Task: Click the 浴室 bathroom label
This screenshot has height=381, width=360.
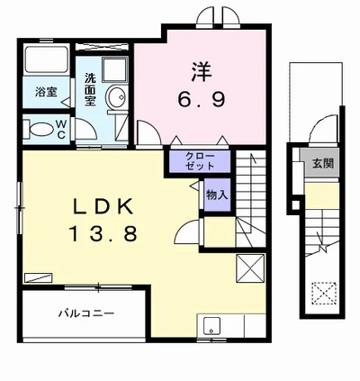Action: (x=46, y=92)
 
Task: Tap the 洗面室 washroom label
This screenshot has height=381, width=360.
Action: (x=90, y=89)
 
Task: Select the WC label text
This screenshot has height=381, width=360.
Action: (x=61, y=129)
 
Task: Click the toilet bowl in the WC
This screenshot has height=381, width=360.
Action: (x=40, y=130)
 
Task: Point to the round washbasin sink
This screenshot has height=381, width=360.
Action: (x=116, y=96)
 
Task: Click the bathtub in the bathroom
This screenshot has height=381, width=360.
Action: (x=46, y=59)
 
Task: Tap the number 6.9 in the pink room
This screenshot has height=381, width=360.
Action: (x=201, y=99)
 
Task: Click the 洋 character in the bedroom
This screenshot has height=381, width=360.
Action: (x=202, y=71)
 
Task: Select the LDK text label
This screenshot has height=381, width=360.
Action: (x=103, y=206)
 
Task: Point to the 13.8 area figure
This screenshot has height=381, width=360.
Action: (x=103, y=233)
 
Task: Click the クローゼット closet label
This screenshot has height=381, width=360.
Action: (x=200, y=161)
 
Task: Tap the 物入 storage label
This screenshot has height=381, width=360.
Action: (x=217, y=195)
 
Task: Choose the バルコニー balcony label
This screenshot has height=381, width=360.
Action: (x=86, y=313)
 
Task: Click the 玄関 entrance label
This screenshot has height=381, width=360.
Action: (x=323, y=163)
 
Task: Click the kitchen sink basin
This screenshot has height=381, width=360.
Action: (x=211, y=325)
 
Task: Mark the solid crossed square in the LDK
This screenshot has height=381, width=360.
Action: (x=250, y=268)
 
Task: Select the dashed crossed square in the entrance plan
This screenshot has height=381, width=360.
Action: (x=324, y=293)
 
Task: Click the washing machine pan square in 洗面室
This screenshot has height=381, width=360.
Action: (x=115, y=69)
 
